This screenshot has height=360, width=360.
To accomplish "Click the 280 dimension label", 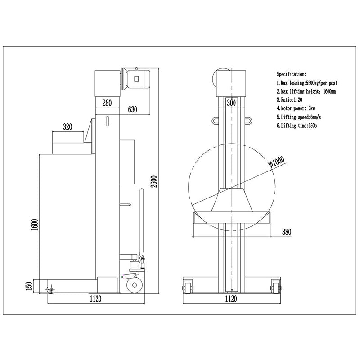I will point(107,103).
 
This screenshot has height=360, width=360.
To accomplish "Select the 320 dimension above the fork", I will point(67,127).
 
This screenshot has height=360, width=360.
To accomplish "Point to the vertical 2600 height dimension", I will point(154,181).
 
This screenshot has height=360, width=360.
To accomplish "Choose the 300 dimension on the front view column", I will point(231,103).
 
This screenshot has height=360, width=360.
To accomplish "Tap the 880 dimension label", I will point(287,232).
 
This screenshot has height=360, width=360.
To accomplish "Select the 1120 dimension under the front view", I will point(231,298).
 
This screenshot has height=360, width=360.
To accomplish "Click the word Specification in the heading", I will point(291,74).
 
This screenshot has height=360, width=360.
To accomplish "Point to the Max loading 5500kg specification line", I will point(307,83).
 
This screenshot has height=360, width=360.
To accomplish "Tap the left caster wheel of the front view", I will point(188,286).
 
